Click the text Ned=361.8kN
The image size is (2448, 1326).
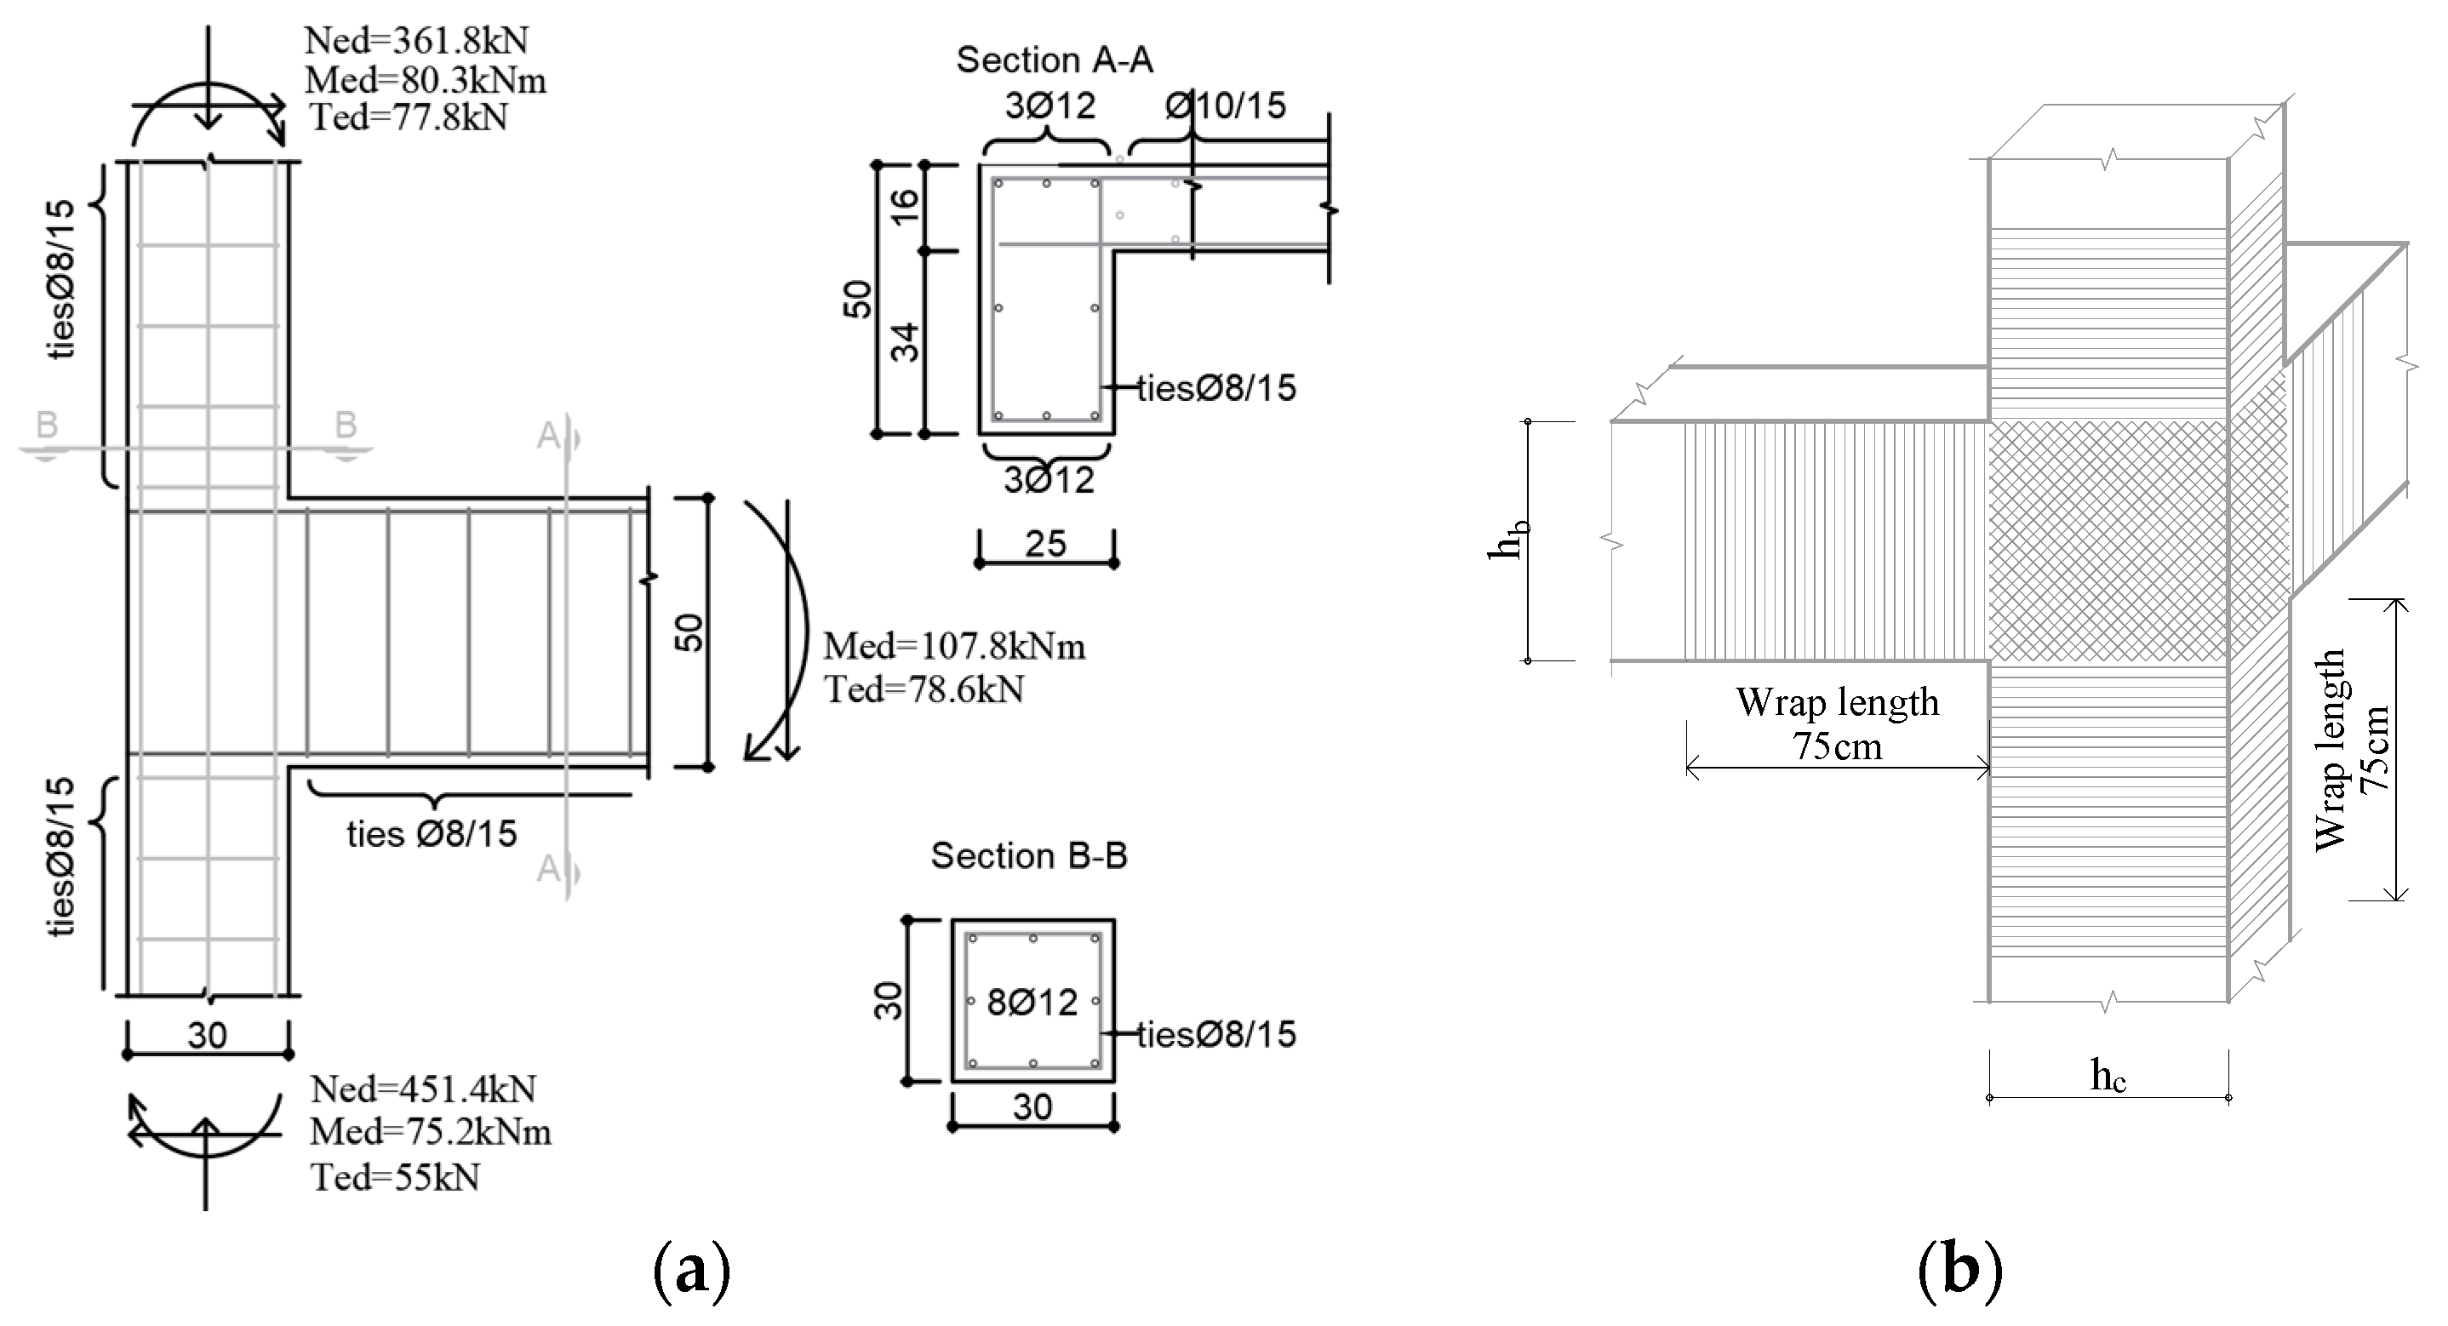(416, 41)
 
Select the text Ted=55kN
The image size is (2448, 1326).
(395, 1178)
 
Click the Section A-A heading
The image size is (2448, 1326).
(1054, 60)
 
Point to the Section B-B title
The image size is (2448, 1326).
(1028, 855)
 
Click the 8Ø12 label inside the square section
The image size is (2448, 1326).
(1032, 1002)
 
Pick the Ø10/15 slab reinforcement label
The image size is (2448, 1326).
(1225, 106)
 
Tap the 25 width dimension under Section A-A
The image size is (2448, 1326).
(1045, 544)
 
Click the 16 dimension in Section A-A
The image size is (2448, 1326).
(906, 205)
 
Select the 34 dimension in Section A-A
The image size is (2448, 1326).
(906, 342)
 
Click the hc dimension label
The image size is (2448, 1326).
(2108, 1075)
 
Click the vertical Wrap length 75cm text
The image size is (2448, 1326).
(2351, 749)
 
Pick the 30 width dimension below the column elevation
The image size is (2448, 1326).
(207, 1035)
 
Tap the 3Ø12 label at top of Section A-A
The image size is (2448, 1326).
(1050, 106)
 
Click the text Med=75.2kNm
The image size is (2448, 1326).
(430, 1132)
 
